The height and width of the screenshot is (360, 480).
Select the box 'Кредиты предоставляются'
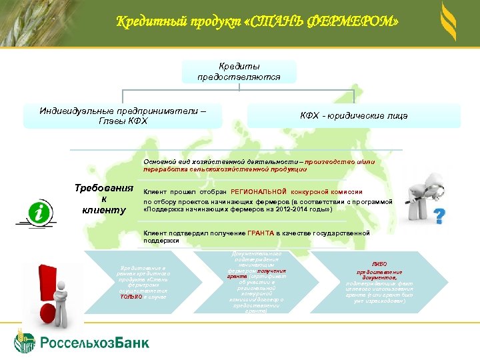click(x=239, y=72)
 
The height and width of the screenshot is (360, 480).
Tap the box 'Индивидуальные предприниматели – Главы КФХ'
click(x=123, y=115)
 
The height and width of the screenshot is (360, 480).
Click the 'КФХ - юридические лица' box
click(x=353, y=116)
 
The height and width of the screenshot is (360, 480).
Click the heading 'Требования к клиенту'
click(x=104, y=199)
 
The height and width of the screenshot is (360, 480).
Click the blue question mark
click(x=439, y=216)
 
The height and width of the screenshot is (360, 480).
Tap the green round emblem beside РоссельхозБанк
click(x=25, y=342)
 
